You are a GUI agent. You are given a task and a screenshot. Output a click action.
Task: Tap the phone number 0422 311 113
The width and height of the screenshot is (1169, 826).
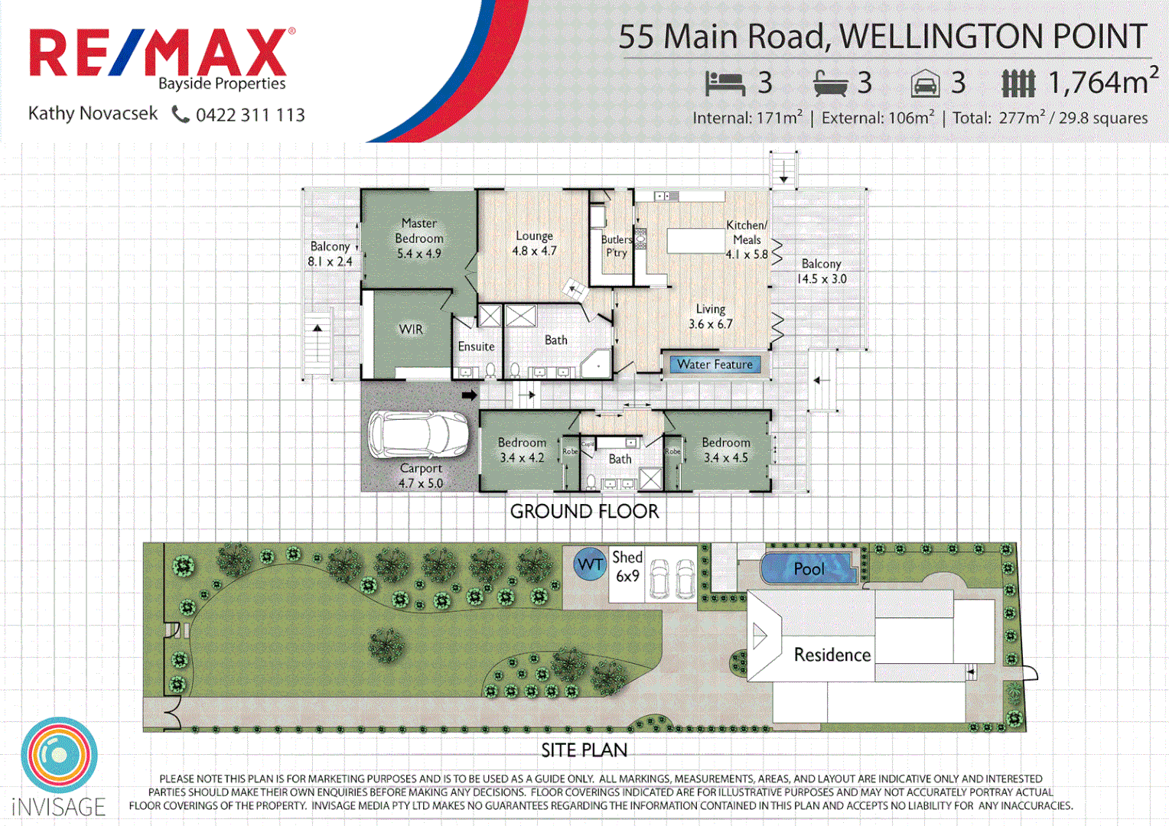point(250,115)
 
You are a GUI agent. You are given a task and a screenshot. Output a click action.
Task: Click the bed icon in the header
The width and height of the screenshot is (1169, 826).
point(724,83)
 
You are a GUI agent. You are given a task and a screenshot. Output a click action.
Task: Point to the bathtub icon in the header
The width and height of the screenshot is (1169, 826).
point(830,83)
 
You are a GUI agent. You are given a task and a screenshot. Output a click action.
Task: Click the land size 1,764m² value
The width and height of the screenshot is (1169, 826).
point(1102,83)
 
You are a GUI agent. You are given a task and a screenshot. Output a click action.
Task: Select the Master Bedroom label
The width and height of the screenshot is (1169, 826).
point(418,238)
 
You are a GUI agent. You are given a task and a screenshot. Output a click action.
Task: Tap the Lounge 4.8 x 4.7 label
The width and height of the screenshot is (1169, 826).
point(534,243)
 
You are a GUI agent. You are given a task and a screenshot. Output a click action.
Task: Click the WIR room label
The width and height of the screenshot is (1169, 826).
point(411,330)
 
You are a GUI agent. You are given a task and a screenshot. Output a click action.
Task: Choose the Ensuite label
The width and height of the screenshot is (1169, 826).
point(476,346)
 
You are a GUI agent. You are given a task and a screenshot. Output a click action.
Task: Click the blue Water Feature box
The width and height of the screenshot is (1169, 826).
point(715,365)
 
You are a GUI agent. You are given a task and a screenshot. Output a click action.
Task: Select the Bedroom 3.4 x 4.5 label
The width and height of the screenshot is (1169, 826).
point(725,450)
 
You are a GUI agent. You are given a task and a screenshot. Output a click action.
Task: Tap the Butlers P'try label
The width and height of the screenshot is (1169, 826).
point(616,246)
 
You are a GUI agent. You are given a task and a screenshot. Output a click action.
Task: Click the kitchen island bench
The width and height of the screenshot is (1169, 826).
point(695,240)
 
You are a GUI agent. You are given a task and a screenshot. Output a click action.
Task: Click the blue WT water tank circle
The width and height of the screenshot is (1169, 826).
point(590,564)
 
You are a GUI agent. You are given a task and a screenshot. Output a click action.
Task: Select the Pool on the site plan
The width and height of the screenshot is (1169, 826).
point(808,568)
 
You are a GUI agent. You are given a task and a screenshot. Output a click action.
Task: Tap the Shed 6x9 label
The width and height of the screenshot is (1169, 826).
point(627,567)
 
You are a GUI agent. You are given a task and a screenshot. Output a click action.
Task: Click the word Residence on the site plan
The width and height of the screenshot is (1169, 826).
point(832,655)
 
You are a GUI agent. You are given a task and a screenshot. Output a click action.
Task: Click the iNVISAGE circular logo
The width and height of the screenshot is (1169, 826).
point(59,755)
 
